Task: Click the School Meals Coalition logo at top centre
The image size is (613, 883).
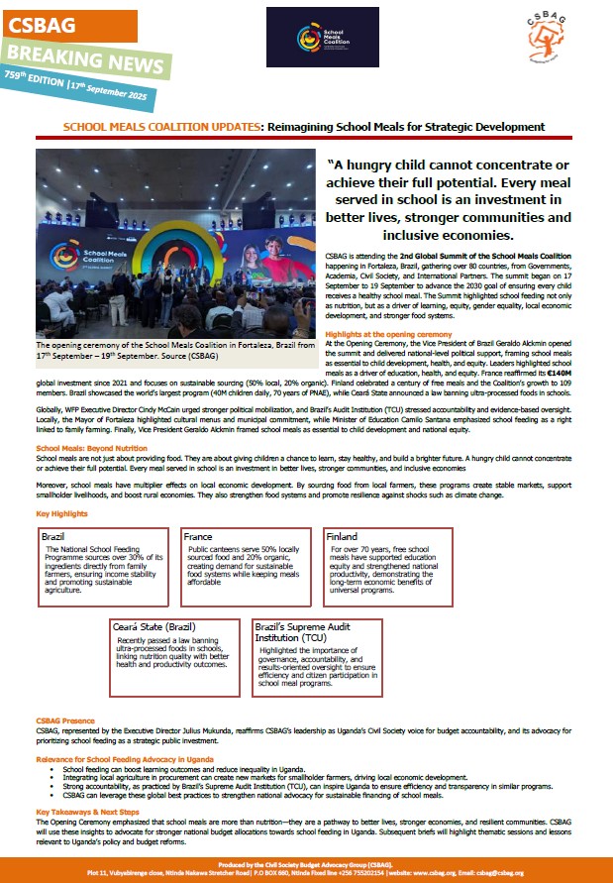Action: point(322,37)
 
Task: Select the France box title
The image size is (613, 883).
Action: point(198,535)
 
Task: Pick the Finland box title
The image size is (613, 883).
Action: point(343,535)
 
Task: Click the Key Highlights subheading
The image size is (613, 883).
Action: point(61,513)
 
